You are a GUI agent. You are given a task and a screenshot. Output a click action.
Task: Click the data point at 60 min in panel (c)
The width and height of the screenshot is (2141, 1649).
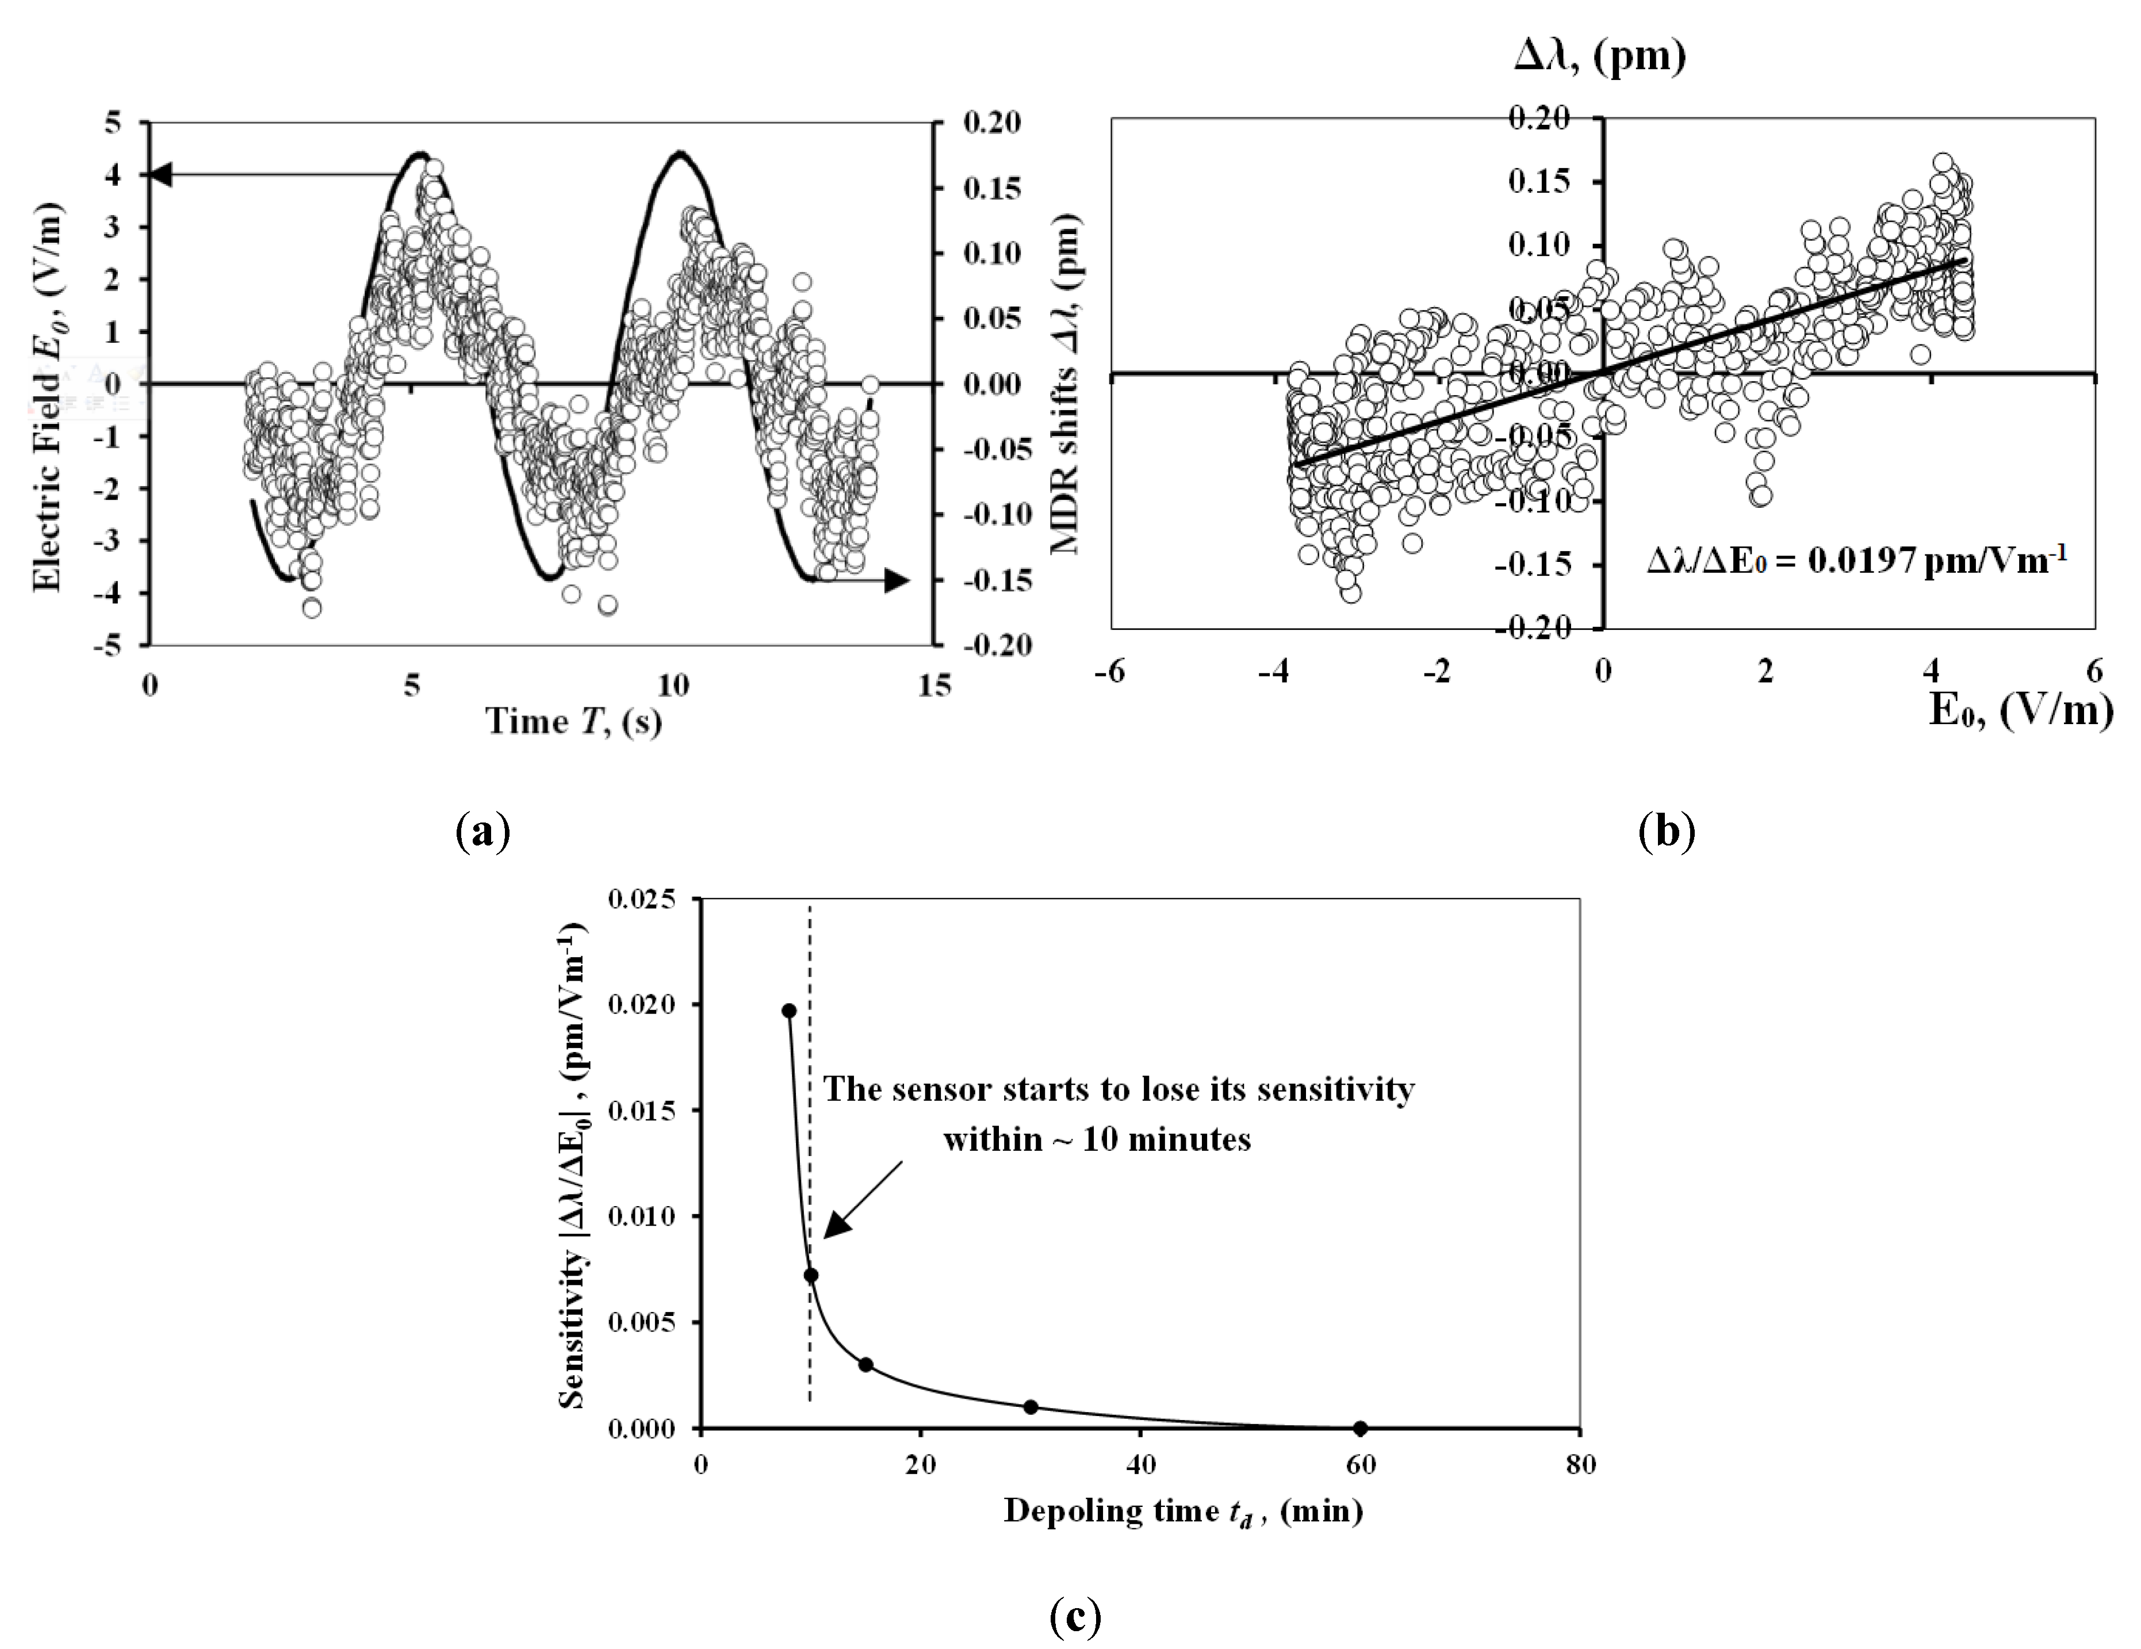coord(1359,1428)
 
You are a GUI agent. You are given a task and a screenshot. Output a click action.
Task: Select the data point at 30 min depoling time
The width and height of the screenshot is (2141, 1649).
coord(1031,1407)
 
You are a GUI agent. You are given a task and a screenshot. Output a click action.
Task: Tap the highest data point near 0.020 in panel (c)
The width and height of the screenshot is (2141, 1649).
coord(789,1011)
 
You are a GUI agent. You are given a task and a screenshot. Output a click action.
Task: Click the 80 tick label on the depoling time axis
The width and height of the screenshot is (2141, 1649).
coord(1580,1465)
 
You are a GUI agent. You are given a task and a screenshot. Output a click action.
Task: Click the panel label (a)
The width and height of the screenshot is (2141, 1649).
coord(483,831)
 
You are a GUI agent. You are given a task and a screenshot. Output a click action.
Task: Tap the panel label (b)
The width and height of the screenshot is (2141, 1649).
coord(1667,831)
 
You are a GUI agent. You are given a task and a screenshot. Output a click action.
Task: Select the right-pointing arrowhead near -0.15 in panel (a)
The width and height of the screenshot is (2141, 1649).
coord(896,580)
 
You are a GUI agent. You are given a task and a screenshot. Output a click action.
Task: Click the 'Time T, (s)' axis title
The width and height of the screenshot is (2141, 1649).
coord(573,722)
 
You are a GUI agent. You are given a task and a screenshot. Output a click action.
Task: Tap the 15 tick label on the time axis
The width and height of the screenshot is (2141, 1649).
coord(934,685)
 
